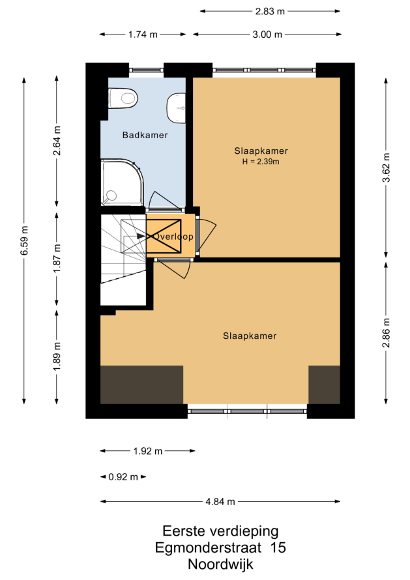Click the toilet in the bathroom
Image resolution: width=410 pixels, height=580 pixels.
click(123, 98)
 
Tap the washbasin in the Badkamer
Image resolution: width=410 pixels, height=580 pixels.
click(176, 108)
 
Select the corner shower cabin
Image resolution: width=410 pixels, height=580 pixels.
click(122, 182)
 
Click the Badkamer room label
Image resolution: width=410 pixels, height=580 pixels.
click(145, 135)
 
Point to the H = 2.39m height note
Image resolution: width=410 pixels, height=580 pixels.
click(261, 161)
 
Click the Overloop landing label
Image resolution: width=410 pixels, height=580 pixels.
click(173, 237)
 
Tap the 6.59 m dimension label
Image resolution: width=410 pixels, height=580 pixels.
click(24, 240)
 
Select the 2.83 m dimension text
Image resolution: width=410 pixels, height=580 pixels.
click(270, 12)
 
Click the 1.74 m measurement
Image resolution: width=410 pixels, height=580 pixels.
click(143, 35)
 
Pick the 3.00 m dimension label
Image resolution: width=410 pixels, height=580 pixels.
click(267, 35)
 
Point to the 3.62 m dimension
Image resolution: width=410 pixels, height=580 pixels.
click(387, 167)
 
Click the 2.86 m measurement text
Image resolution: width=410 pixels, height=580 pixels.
click(387, 333)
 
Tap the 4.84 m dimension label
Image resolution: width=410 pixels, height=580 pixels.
click(220, 502)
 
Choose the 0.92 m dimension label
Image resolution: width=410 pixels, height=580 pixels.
click(123, 477)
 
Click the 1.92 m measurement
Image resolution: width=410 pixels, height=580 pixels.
click(148, 451)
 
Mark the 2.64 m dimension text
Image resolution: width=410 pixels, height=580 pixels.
click(57, 141)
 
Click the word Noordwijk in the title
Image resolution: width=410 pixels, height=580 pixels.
click(220, 564)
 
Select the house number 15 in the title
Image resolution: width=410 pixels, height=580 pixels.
click(278, 547)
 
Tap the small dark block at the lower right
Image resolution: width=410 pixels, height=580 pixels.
click(324, 384)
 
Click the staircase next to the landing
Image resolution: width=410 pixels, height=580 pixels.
click(123, 260)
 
